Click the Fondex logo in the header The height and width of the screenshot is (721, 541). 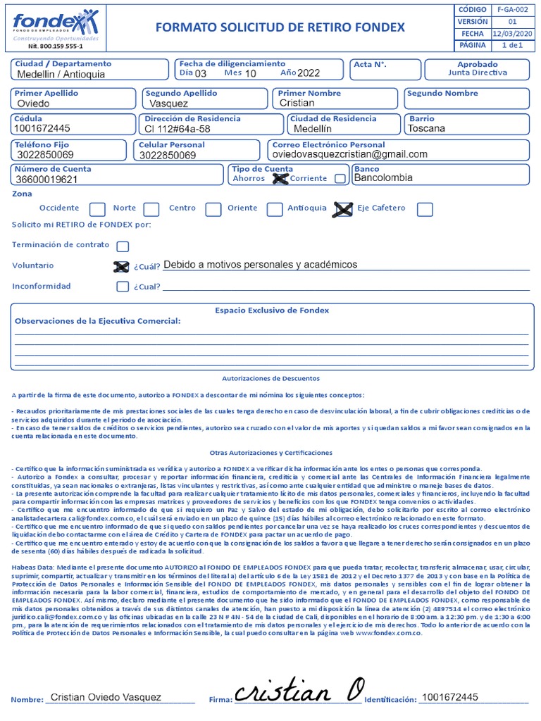point(55,27)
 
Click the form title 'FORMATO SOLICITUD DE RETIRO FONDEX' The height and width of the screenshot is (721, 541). point(279,27)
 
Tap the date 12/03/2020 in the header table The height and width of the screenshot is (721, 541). point(511,33)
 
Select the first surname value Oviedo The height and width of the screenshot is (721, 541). point(33,104)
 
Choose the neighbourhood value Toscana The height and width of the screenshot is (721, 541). point(427,129)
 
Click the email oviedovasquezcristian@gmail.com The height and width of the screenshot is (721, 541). point(349,154)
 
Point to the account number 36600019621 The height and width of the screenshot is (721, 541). point(47,180)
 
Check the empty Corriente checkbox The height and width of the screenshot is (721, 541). point(340,179)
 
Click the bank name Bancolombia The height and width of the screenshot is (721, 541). point(383,178)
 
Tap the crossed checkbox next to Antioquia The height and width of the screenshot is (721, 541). point(343,209)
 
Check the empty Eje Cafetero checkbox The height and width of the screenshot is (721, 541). point(425,209)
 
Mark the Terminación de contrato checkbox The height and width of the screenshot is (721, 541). point(123,246)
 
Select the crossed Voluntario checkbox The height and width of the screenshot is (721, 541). point(122,266)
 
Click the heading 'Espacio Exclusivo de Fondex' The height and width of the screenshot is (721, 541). point(271,310)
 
